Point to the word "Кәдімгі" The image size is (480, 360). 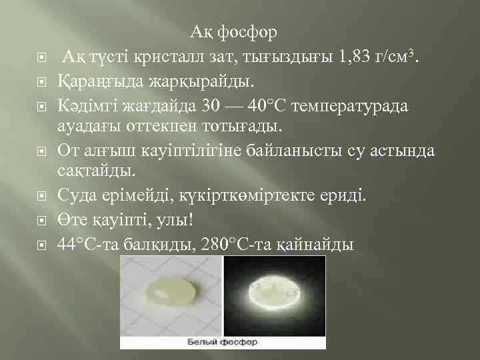(x=85, y=105)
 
